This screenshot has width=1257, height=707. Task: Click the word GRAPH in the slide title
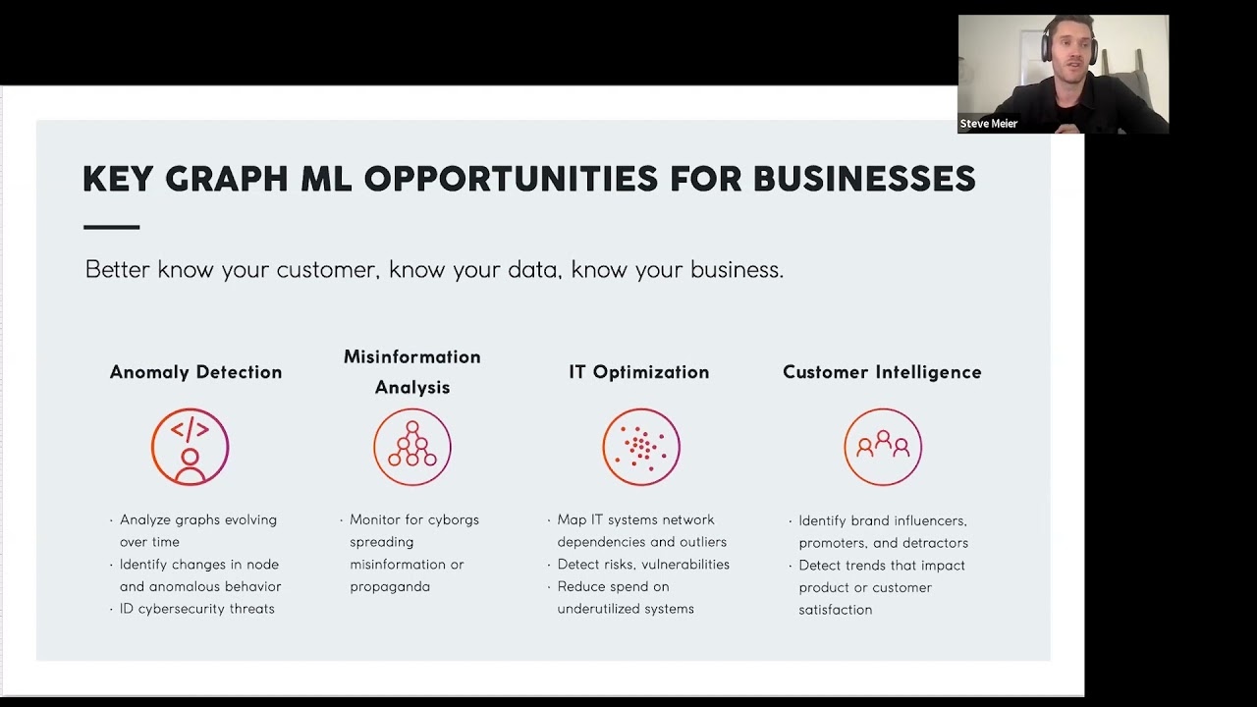pyautogui.click(x=227, y=179)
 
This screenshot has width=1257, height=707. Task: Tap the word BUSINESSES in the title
pyautogui.click(x=864, y=179)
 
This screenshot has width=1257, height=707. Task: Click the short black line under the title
pyautogui.click(x=112, y=227)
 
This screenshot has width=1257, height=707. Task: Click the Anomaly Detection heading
pyautogui.click(x=195, y=372)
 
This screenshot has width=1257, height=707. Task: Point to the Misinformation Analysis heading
pyautogui.click(x=412, y=372)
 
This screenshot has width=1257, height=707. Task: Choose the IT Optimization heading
pyautogui.click(x=639, y=372)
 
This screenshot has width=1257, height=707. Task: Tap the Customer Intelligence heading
pyautogui.click(x=882, y=372)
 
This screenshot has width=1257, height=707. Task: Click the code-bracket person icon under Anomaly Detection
pyautogui.click(x=191, y=447)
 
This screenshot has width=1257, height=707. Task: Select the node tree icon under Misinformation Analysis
pyautogui.click(x=412, y=447)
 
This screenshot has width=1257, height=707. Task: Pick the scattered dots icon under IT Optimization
pyautogui.click(x=641, y=447)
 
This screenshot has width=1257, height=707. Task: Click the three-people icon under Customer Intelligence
pyautogui.click(x=883, y=447)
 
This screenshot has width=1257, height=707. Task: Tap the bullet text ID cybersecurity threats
pyautogui.click(x=197, y=609)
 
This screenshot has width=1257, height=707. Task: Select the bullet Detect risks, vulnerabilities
pyautogui.click(x=643, y=565)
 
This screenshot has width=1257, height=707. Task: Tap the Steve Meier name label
pyautogui.click(x=988, y=124)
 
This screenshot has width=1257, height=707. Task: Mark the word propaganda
pyautogui.click(x=390, y=587)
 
